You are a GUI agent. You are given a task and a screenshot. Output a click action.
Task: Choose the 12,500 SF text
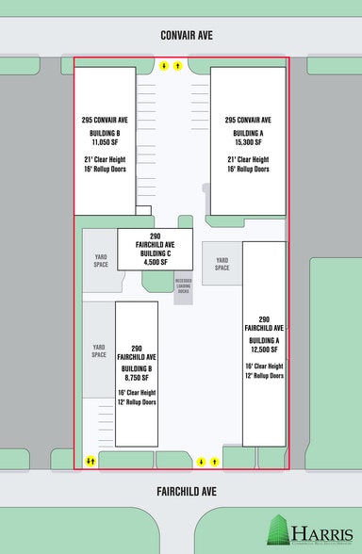[264, 350]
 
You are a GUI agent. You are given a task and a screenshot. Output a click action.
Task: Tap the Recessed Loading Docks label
[184, 285]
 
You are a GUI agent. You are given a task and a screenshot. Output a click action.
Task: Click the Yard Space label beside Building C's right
[222, 264]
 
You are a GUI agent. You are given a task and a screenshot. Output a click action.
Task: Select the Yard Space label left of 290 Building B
[99, 350]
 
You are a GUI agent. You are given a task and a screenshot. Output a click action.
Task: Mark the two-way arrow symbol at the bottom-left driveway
[90, 462]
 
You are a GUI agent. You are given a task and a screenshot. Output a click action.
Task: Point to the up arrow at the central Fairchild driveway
[216, 462]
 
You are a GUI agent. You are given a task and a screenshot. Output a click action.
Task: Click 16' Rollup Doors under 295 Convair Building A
[248, 170]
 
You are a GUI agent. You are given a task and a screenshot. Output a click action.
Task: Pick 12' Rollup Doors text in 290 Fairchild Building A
[264, 376]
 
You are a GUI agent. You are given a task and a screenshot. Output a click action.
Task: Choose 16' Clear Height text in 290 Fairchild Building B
[136, 392]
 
